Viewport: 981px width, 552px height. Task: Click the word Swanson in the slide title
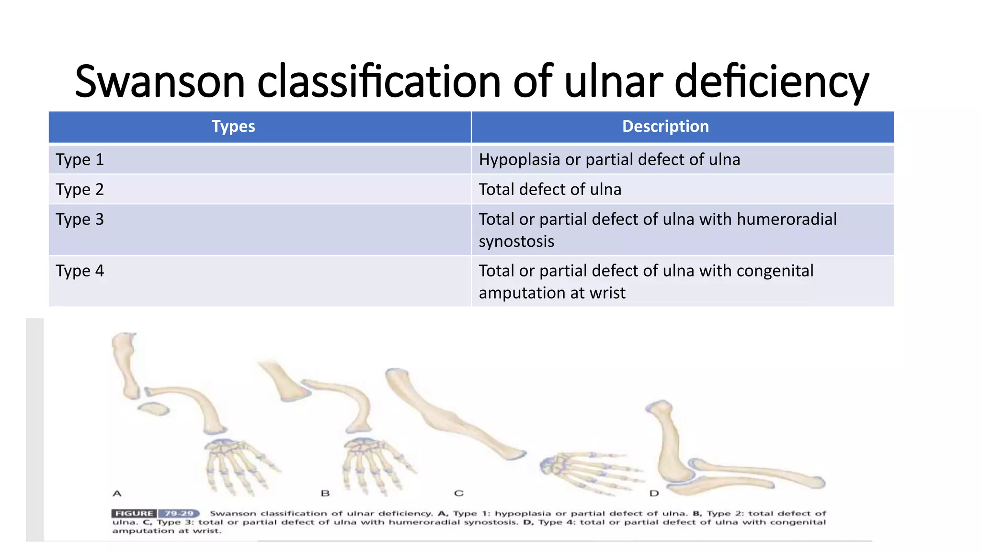160,81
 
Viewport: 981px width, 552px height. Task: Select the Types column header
233,126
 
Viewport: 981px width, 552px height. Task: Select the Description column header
665,126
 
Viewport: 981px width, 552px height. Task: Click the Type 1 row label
80,160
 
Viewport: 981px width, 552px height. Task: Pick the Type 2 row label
80,189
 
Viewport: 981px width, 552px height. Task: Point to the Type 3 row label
80,219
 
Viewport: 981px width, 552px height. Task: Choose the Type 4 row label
80,271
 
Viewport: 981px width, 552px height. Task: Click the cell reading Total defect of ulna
550,189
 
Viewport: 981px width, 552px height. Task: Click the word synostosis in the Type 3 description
516,241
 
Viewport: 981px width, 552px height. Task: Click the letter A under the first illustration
117,493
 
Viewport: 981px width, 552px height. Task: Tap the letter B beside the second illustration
325,493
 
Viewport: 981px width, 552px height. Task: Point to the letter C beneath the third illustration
458,493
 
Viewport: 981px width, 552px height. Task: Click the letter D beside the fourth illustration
654,493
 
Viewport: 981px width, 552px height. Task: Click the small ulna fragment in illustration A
154,409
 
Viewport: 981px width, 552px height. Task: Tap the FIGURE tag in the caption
134,513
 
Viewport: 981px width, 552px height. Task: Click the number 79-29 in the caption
179,513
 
